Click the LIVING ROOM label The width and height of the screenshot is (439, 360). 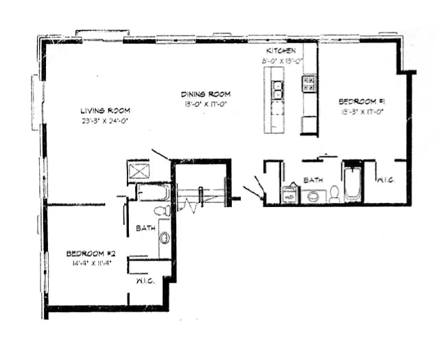[x=105, y=110]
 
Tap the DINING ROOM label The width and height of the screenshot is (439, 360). [x=205, y=94]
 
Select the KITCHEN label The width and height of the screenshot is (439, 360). [x=281, y=51]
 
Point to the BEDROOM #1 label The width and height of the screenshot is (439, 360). [x=362, y=101]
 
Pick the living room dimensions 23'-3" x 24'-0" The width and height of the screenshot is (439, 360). [x=105, y=120]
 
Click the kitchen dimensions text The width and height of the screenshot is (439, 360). [x=281, y=61]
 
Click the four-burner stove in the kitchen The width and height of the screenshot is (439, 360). [x=309, y=84]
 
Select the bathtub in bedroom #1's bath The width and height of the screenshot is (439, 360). [x=353, y=182]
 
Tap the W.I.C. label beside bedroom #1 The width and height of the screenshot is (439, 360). [x=384, y=180]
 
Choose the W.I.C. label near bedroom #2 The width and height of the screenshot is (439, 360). [x=144, y=281]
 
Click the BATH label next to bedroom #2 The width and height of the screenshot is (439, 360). [x=145, y=228]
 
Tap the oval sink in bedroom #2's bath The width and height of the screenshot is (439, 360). [x=165, y=238]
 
